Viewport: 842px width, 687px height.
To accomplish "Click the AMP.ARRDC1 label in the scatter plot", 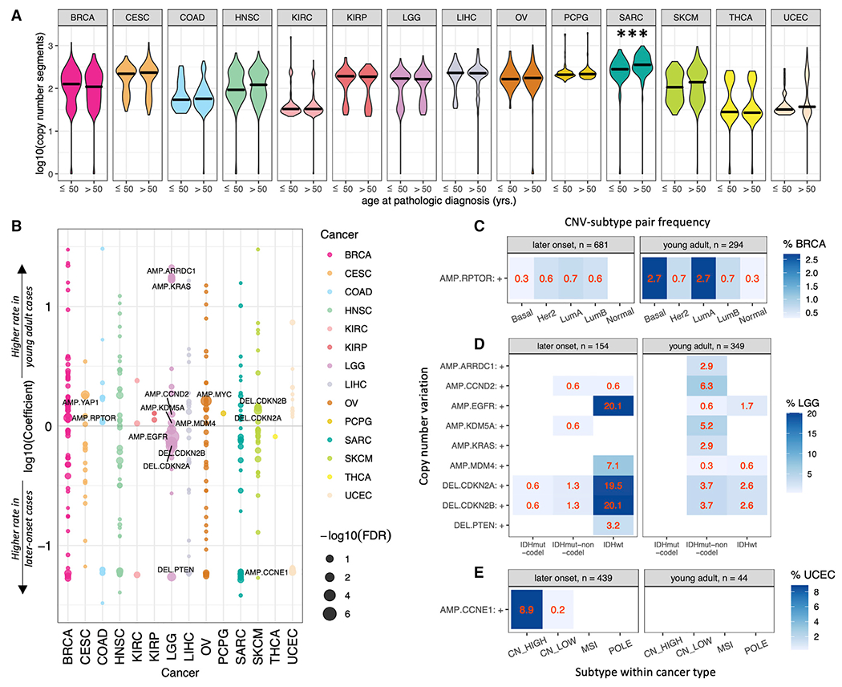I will (x=173, y=270).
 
